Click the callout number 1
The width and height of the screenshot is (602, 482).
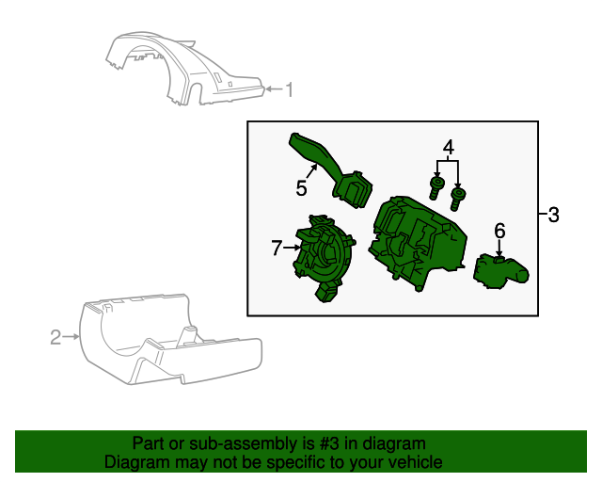[x=290, y=90]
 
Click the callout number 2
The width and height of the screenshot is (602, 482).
[x=55, y=336]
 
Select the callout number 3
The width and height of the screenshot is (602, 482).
[x=553, y=216]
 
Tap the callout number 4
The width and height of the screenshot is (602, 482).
[x=449, y=148]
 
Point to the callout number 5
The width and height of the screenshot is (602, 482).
[x=301, y=188]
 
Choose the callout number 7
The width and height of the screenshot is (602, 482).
[x=277, y=249]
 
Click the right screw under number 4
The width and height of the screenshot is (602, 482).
[x=458, y=199]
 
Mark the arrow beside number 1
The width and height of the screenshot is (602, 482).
[x=272, y=90]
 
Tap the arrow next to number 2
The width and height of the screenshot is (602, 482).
[x=71, y=336]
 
